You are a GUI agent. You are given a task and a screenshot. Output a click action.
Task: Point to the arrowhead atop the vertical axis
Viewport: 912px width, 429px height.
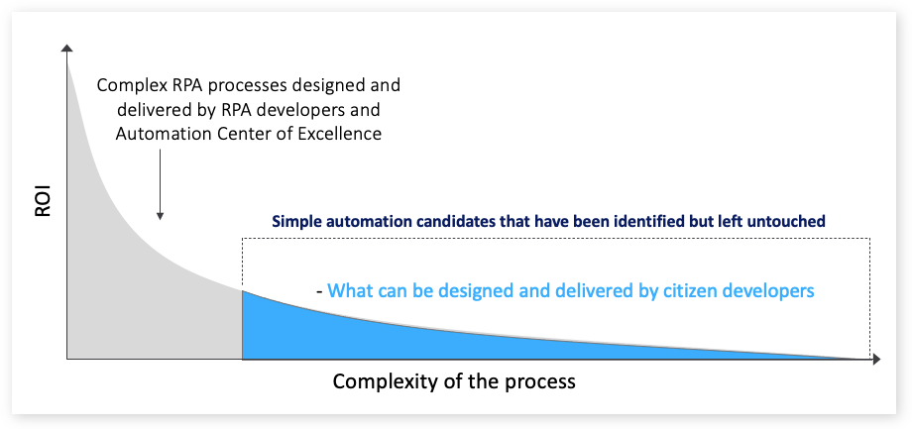click(66, 49)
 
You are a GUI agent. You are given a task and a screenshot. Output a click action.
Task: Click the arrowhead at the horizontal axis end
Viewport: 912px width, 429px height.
click(875, 359)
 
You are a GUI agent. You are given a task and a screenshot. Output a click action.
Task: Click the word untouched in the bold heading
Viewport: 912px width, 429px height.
click(788, 222)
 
